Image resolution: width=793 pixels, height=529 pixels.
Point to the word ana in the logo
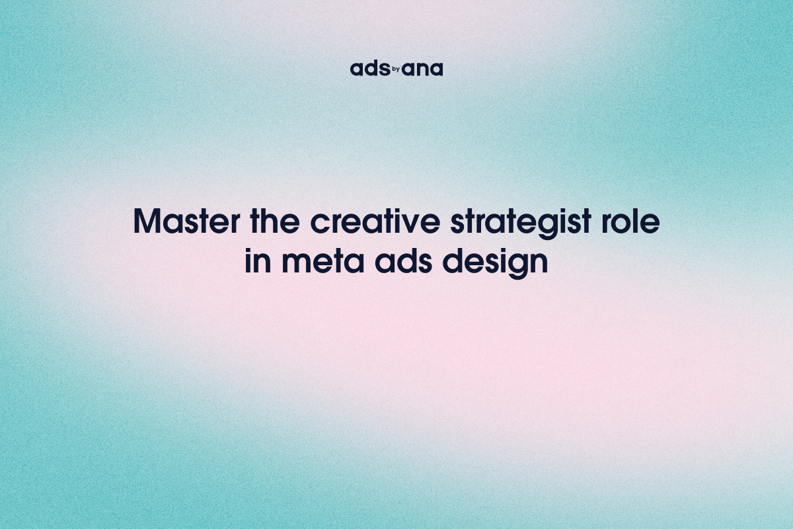coord(423,69)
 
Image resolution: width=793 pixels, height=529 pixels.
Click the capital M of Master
coord(147,223)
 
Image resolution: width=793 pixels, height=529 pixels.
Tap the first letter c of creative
coord(320,225)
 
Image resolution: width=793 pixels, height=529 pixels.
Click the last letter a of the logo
coord(436,69)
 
